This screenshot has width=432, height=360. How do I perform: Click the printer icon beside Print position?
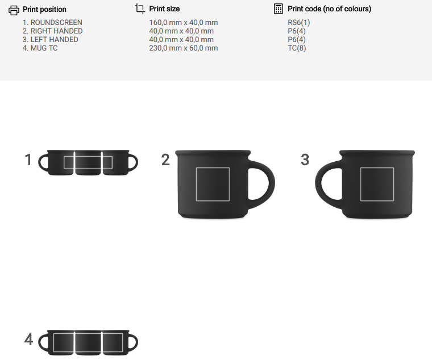point(14,10)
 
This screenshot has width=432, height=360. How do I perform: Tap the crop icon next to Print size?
point(140,9)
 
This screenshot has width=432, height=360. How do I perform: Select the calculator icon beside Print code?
point(279,9)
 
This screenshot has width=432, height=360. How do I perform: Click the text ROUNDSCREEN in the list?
point(56,23)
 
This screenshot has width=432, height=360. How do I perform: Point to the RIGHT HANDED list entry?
point(53,31)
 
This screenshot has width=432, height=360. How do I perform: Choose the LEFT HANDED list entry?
point(51,40)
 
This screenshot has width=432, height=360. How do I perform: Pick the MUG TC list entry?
point(40,48)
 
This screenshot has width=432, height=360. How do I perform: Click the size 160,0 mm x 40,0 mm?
point(184,23)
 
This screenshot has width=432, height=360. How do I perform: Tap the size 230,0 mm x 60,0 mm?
point(184,48)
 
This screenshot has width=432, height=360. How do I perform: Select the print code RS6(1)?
point(299,23)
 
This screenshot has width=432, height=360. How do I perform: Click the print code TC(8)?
point(297,48)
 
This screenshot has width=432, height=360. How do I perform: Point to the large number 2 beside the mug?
point(165,160)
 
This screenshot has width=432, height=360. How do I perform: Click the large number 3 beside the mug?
point(305,160)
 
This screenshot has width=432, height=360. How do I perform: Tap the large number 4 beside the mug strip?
point(28,340)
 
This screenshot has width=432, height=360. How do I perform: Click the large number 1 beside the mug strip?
point(28,160)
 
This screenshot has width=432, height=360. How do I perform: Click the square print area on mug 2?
point(213,184)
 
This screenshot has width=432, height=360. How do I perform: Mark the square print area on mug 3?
point(377,184)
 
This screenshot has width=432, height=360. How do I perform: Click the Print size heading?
point(164,9)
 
